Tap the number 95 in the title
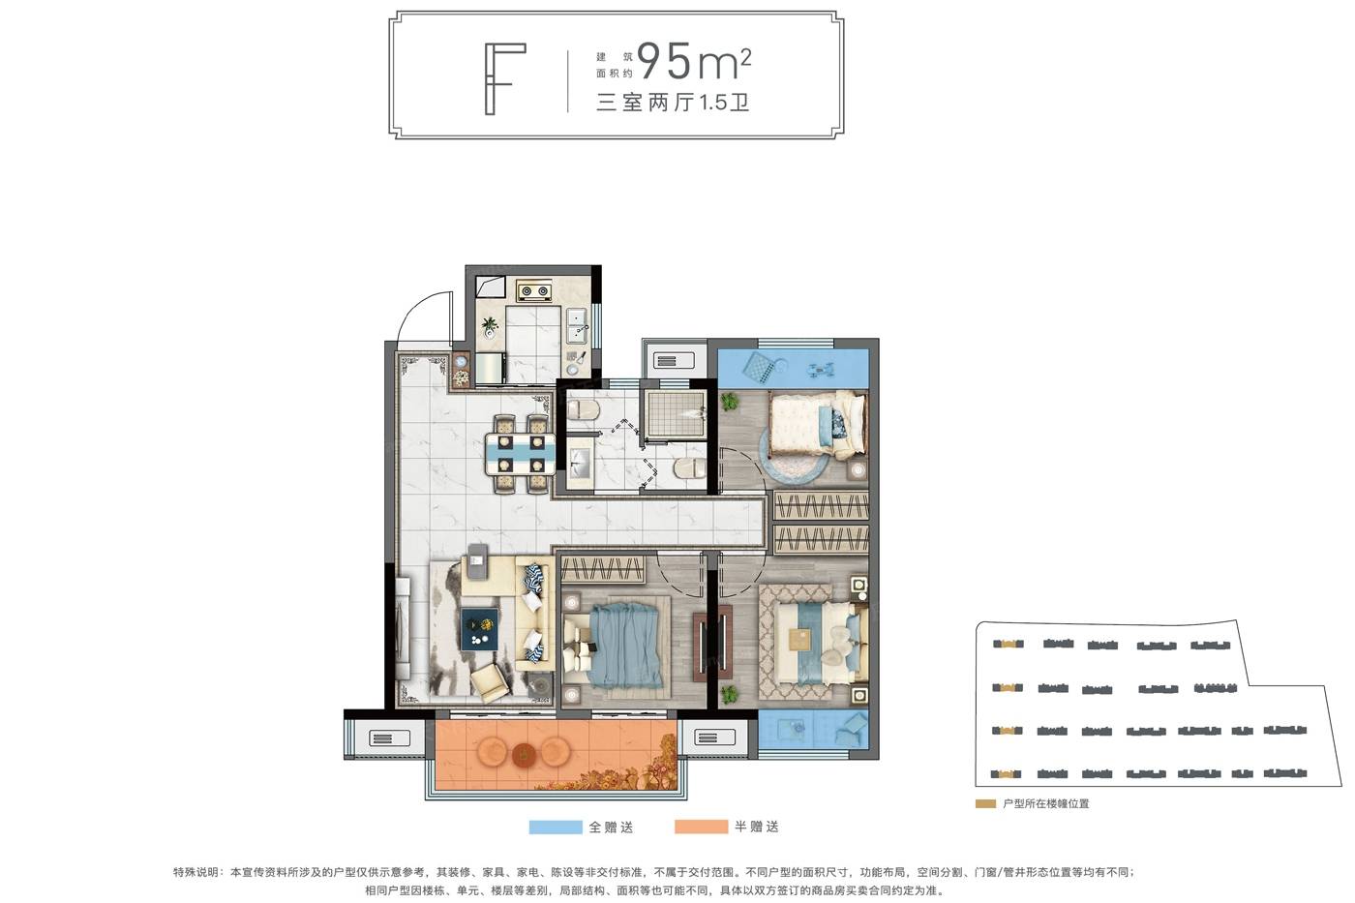pyautogui.click(x=664, y=60)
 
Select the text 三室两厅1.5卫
pyautogui.click(x=673, y=103)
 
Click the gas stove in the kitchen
pyautogui.click(x=533, y=291)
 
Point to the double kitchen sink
pyautogui.click(x=577, y=327)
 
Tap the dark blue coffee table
pyautogui.click(x=480, y=629)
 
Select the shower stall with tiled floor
pyautogui.click(x=675, y=413)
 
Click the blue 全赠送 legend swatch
pyautogui.click(x=555, y=827)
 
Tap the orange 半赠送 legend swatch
pyautogui.click(x=701, y=827)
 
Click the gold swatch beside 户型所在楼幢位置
pyautogui.click(x=985, y=804)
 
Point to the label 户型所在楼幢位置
pyautogui.click(x=1046, y=804)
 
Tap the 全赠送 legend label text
pyautogui.click(x=611, y=827)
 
